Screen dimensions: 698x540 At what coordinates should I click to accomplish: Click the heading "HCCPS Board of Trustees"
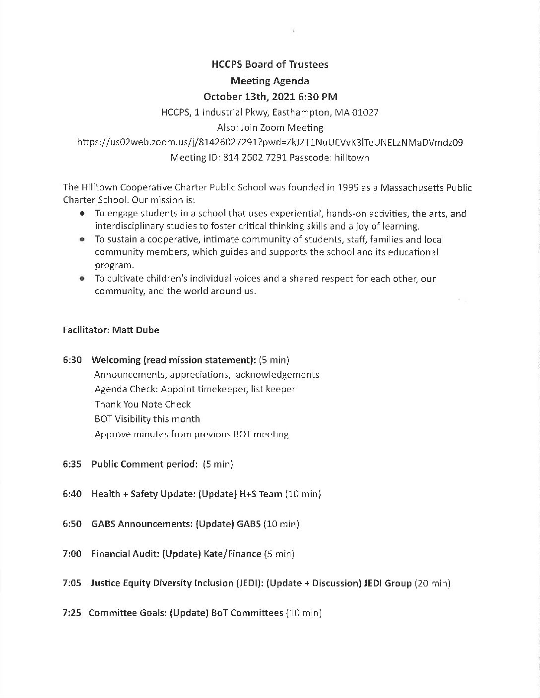point(270,64)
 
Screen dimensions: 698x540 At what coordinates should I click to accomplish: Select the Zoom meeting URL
point(270,142)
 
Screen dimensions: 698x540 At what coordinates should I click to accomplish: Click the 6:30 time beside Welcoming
point(72,360)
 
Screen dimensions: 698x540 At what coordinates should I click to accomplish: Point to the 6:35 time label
point(72,464)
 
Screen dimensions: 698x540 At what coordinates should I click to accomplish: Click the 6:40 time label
point(72,494)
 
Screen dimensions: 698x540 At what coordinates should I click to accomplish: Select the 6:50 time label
point(72,523)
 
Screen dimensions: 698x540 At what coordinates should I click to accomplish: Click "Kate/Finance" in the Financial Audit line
point(232,553)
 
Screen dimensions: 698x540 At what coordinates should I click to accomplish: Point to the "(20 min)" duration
point(432,583)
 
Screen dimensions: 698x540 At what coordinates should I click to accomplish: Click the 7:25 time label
point(72,613)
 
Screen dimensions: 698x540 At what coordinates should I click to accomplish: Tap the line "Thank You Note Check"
point(142,404)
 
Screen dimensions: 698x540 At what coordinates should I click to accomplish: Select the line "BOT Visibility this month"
point(147,419)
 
